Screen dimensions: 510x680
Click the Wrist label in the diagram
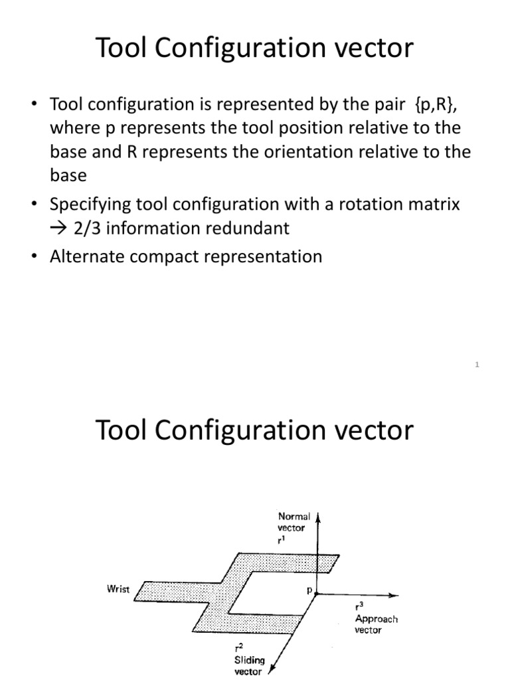pos(117,588)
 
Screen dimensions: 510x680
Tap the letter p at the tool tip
pos(308,589)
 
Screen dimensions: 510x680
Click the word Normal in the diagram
pos(294,516)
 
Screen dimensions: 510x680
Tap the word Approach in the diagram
pos(377,619)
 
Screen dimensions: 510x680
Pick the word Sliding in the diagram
pos(249,660)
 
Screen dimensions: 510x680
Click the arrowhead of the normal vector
pos(319,516)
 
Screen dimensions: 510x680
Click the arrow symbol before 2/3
pos(58,228)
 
